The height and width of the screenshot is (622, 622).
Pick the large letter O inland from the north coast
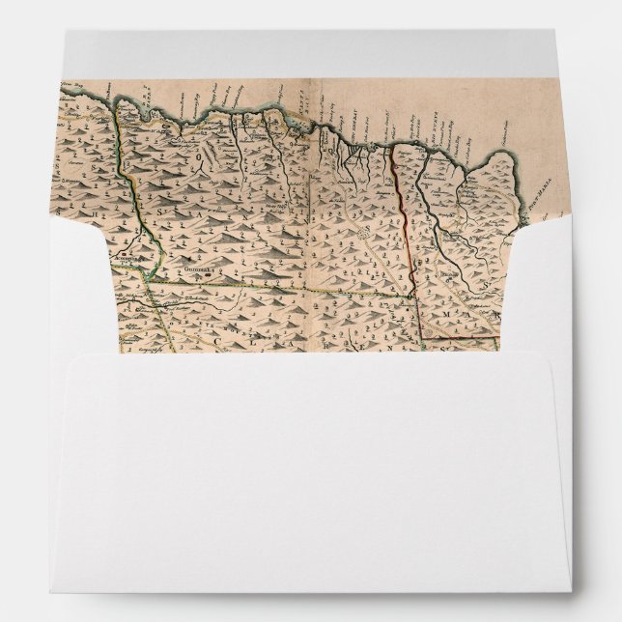tap(205, 151)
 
